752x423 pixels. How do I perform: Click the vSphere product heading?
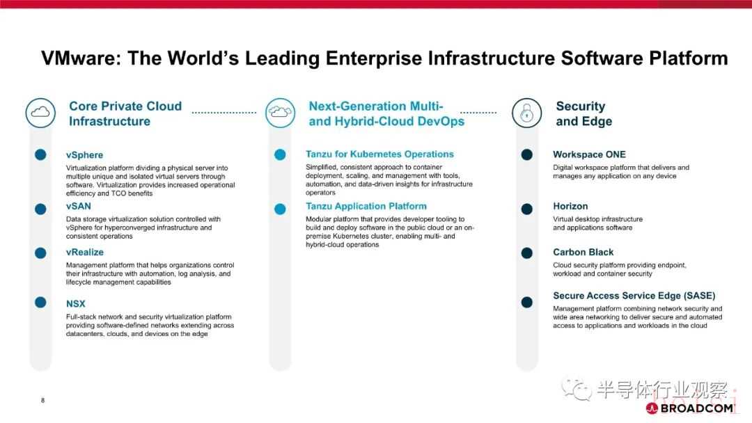[84, 154]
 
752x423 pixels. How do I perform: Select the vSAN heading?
[79, 206]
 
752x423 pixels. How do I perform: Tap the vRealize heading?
[85, 252]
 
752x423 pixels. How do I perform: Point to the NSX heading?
[76, 304]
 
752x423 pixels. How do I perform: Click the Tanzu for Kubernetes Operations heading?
[380, 154]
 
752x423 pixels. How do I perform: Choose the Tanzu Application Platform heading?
[366, 206]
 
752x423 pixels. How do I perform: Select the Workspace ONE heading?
[590, 154]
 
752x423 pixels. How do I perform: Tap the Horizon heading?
[570, 206]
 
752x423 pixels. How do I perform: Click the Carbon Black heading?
[583, 252]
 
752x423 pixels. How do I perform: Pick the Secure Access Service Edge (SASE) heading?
[634, 296]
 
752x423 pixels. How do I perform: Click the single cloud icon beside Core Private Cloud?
[40, 113]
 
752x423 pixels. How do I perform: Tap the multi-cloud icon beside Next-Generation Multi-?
[280, 113]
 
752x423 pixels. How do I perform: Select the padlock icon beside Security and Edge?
[526, 113]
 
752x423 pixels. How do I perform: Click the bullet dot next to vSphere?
[41, 154]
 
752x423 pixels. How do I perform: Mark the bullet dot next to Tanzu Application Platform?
[280, 209]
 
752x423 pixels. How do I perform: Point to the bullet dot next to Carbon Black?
[526, 253]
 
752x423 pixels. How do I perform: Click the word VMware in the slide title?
[77, 58]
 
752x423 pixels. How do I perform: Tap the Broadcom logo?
[690, 408]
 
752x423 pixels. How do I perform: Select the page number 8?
[42, 401]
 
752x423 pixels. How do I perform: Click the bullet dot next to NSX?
[41, 302]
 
